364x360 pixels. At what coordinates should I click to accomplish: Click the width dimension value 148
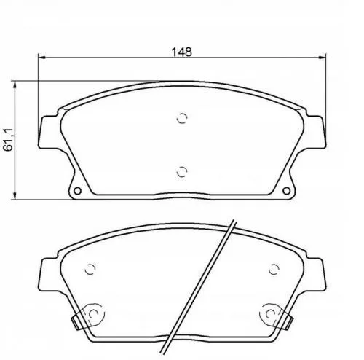tap(182, 51)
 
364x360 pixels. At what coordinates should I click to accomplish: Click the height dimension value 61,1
tap(9, 138)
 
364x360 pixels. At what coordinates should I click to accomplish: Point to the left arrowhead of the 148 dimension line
tap(40, 58)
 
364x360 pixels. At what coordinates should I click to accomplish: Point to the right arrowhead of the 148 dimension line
tap(323, 58)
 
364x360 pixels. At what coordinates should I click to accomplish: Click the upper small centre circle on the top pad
tap(182, 120)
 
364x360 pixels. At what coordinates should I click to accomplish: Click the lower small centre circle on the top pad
tap(182, 172)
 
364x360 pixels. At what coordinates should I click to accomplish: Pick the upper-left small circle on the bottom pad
tap(90, 268)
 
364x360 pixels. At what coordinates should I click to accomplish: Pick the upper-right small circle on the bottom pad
tap(274, 268)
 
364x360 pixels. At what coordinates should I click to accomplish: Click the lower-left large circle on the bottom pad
tap(92, 314)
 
